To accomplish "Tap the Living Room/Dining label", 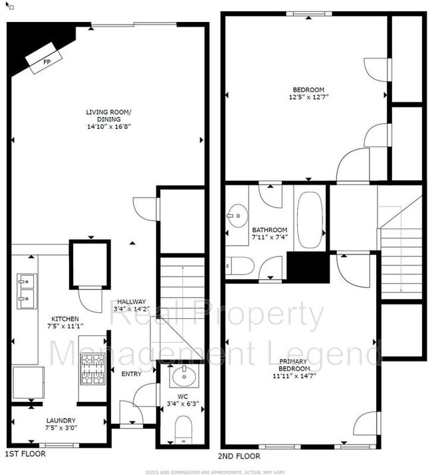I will pos(108,115).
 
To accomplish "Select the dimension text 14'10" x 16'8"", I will pos(108,126).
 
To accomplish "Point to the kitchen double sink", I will pos(27,292).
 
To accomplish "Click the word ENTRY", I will pos(131,374).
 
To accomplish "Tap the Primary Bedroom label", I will pos(293,365).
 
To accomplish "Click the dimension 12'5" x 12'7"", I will pos(308,97).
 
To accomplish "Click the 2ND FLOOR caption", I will pos(239,456).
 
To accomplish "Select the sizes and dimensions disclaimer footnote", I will pos(215,470).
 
